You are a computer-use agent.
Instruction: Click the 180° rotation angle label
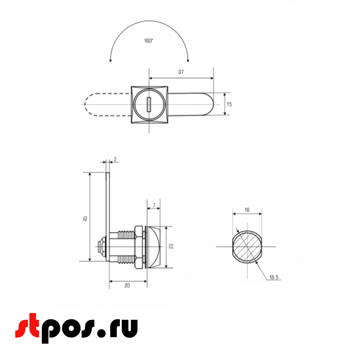pos(148,41)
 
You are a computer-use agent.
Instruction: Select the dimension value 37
pos(181,72)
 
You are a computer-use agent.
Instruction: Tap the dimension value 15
pos(229,104)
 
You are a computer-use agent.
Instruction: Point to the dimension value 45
pos(85,219)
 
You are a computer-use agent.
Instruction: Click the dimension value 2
pos(115,159)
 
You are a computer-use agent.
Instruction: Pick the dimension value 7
pos(154,205)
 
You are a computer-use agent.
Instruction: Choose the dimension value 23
pos(171,246)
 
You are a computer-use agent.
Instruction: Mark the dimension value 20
pos(127,286)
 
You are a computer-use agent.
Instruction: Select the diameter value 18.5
pos(273,278)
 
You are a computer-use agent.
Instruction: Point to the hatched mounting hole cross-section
pos(247,246)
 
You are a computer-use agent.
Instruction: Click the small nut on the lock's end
pos(102,247)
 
